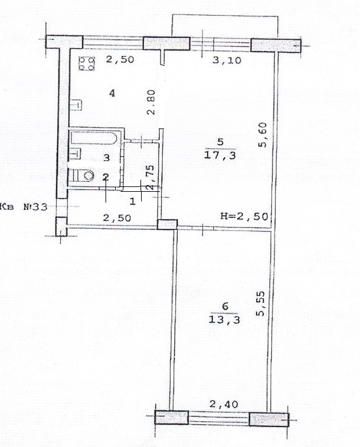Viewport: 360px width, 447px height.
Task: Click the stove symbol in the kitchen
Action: click(87, 63)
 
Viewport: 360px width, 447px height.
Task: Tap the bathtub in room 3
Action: click(94, 138)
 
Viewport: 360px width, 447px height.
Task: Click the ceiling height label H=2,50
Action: click(244, 216)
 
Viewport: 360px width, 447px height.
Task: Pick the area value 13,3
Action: click(224, 319)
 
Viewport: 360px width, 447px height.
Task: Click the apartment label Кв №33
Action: click(24, 206)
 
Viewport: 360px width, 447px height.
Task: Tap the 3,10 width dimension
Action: click(227, 60)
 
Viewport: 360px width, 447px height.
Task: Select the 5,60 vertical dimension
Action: click(262, 135)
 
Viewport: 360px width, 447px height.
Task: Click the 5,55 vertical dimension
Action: click(261, 303)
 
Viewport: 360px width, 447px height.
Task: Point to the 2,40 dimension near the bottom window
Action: click(224, 404)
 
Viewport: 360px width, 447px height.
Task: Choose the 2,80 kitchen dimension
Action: click(151, 102)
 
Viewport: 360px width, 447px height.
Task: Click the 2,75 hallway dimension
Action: click(150, 177)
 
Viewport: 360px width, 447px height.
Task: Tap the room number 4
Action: click(113, 93)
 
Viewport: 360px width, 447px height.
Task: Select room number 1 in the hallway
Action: click(132, 202)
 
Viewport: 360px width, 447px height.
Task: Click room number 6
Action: click(225, 306)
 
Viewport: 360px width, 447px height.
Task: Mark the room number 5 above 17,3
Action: click(220, 142)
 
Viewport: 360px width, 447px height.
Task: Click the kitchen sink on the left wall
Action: click(76, 104)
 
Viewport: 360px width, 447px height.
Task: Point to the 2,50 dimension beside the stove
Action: click(120, 60)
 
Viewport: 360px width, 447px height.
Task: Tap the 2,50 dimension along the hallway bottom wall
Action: click(117, 218)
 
